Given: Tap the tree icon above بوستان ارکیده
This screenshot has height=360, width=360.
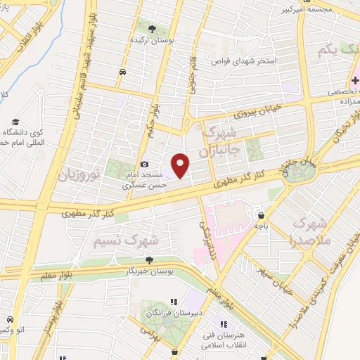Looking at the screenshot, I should (x=153, y=28).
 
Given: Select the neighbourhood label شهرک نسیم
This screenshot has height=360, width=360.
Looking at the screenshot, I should (x=125, y=241).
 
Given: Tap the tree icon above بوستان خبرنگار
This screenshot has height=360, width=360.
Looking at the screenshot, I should (x=147, y=260).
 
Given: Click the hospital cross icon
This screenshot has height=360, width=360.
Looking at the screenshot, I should (x=356, y=82).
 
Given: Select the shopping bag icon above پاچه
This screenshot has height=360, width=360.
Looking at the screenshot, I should (x=262, y=216).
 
